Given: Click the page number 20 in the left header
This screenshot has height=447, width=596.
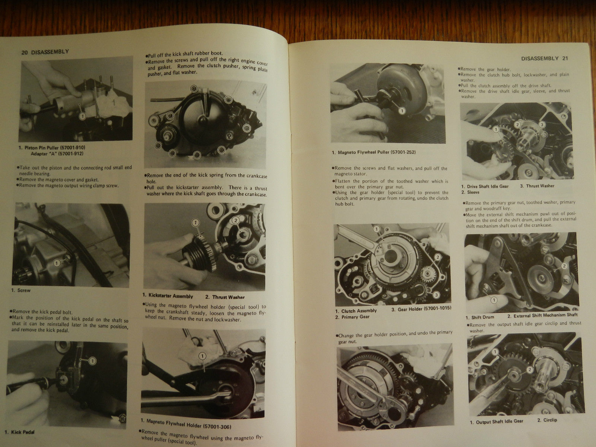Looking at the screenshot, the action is [x=25, y=53].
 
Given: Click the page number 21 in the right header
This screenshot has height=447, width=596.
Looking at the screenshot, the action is [x=565, y=58].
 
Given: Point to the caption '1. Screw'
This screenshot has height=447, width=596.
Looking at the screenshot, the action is [x=21, y=290].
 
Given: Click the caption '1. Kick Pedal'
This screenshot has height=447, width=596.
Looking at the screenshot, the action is [x=19, y=432].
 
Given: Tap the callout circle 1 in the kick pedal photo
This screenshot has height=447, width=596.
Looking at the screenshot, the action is [x=93, y=361].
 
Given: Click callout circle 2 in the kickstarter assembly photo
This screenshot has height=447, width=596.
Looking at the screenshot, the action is [x=235, y=221].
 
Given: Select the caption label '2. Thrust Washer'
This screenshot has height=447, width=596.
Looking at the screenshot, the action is [x=225, y=297].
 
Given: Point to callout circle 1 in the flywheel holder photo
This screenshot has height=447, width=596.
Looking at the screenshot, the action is [x=202, y=356].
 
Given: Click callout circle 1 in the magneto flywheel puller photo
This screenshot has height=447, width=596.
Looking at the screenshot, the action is [x=402, y=111].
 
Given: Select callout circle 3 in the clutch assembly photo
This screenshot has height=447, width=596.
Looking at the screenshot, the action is [x=436, y=295].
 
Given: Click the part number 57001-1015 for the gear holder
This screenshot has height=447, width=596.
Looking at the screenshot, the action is [x=438, y=308].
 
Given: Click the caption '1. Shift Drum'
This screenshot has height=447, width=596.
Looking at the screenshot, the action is [x=480, y=317].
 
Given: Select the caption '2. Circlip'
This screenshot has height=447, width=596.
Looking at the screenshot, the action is [x=547, y=420].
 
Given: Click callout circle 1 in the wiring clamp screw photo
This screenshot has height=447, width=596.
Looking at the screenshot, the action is [x=57, y=263].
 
